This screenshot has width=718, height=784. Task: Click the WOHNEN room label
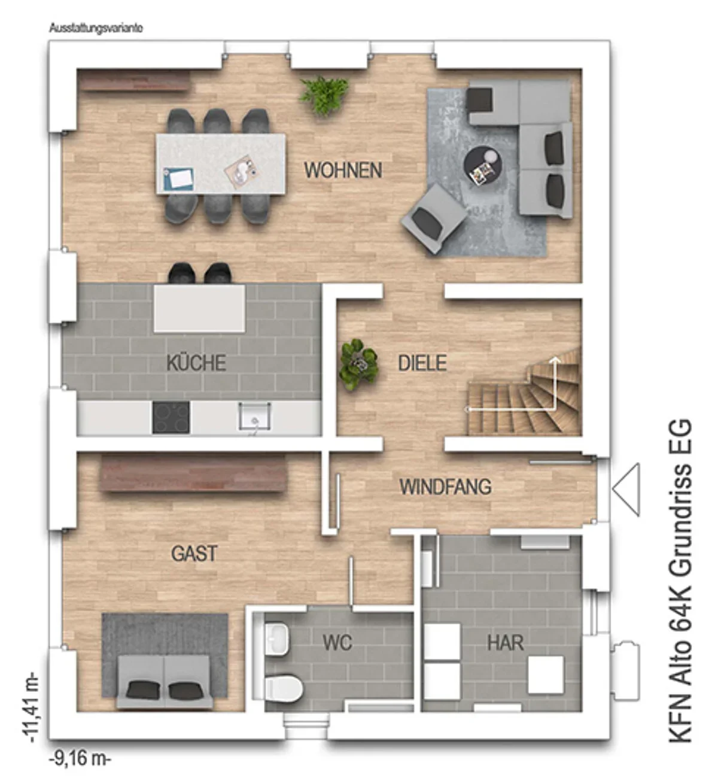click(343, 171)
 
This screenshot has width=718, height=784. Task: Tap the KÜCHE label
click(196, 362)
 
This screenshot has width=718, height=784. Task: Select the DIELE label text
click(422, 363)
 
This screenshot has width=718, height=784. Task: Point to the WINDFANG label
click(445, 487)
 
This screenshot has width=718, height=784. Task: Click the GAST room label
click(194, 554)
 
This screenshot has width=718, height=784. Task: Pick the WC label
click(337, 643)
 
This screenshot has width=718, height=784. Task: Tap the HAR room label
click(506, 643)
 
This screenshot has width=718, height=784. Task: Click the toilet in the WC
click(284, 688)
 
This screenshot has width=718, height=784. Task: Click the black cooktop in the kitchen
click(171, 417)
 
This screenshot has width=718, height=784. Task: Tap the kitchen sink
click(255, 417)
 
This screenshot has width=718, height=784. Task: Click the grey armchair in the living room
click(433, 218)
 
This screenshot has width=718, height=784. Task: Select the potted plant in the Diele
click(358, 364)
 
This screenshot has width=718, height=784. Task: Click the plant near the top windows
click(324, 96)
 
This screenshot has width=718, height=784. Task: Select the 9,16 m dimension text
click(80, 759)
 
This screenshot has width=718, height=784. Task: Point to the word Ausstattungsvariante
click(96, 29)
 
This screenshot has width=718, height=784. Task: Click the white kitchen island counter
click(200, 308)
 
